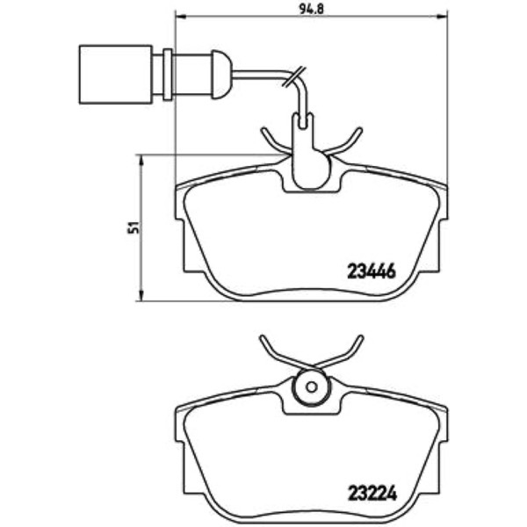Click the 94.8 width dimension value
311,9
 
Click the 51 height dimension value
134,227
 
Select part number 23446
372,271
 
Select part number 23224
372,494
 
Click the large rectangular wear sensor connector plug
116,75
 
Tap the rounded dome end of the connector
221,75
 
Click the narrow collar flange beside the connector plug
168,75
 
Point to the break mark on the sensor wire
294,77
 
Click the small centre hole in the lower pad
312,387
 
